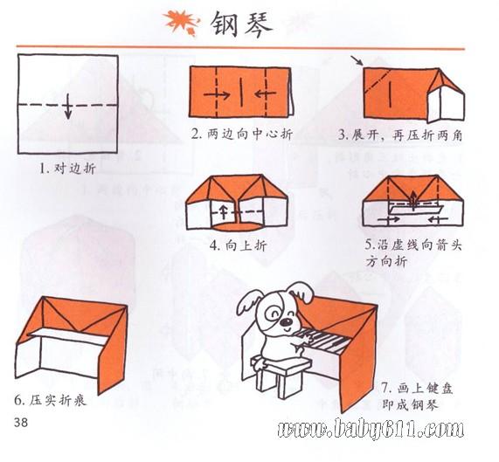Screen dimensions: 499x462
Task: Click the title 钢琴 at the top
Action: [x=241, y=24]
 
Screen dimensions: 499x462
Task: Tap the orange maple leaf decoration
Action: [x=182, y=22]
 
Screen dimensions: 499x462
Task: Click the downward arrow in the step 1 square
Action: [x=68, y=107]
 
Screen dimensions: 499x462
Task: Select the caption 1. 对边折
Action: [x=67, y=169]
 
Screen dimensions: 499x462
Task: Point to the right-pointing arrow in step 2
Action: [x=216, y=95]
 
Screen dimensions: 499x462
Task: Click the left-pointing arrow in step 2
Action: [x=266, y=93]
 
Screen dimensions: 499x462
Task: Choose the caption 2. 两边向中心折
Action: [x=241, y=134]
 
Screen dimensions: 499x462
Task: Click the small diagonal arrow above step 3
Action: [x=357, y=60]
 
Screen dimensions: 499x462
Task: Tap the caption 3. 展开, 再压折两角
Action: [x=400, y=135]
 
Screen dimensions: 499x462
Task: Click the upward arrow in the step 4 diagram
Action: [x=224, y=212]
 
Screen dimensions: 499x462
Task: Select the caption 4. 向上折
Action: [x=238, y=245]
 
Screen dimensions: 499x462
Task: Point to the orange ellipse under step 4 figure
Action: [x=236, y=227]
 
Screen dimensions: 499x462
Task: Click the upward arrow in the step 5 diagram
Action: [x=412, y=200]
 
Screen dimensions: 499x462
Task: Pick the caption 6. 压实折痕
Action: [x=51, y=401]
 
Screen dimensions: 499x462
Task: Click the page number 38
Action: [x=21, y=423]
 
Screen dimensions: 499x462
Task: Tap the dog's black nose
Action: [x=287, y=323]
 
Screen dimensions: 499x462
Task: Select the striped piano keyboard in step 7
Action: [x=322, y=341]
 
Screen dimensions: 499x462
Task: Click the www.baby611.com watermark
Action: [x=371, y=429]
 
